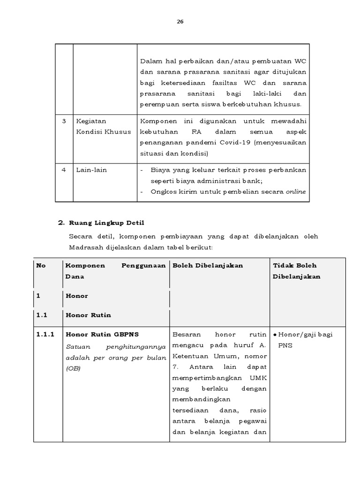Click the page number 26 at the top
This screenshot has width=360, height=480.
[x=180, y=22]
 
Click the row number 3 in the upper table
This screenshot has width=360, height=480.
[x=64, y=121]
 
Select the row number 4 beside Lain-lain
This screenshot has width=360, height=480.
[x=64, y=170]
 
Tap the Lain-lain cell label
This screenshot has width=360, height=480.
[x=91, y=170]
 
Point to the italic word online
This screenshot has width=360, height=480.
[x=296, y=191]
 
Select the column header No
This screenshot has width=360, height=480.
[x=41, y=265]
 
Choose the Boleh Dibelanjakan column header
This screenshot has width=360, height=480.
[x=208, y=265]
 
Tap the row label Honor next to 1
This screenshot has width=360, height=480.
[x=76, y=296]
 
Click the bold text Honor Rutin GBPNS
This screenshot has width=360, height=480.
[x=102, y=335]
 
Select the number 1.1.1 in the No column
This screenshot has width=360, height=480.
[x=45, y=335]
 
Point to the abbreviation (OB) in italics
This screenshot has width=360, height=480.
[x=73, y=368]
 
